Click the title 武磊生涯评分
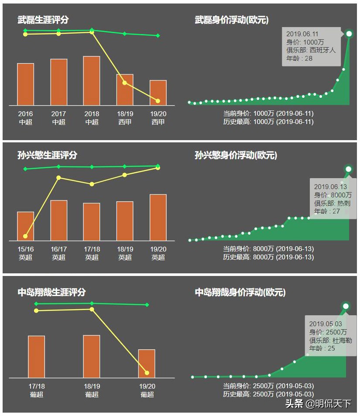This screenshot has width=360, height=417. [x=43, y=20]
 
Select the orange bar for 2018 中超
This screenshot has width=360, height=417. [x=92, y=81]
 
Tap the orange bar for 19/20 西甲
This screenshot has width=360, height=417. [x=158, y=93]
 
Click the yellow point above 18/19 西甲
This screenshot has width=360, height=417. [x=125, y=83]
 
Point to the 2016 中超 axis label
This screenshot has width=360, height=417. [x=26, y=118]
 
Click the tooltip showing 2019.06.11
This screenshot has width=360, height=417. [x=311, y=46]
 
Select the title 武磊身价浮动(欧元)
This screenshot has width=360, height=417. [x=232, y=20]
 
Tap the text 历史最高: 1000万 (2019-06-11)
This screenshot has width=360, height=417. [x=268, y=122]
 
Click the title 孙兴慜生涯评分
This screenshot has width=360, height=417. [x=48, y=155]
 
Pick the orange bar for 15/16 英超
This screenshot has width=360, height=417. [x=26, y=226]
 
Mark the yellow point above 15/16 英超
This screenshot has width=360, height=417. [x=25, y=236]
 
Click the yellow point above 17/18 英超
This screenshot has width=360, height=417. [x=92, y=184]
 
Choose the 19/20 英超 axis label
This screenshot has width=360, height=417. [x=158, y=253]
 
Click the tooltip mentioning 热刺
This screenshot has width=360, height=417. [x=333, y=199]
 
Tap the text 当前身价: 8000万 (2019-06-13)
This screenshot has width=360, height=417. [x=268, y=249]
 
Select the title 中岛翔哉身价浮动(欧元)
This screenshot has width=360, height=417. [x=240, y=292]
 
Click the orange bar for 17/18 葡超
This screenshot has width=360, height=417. [x=37, y=356]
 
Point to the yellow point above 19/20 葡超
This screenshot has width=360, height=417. [x=147, y=373]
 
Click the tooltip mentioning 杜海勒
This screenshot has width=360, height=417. [x=330, y=336]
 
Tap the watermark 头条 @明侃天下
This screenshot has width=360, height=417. [x=318, y=403]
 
